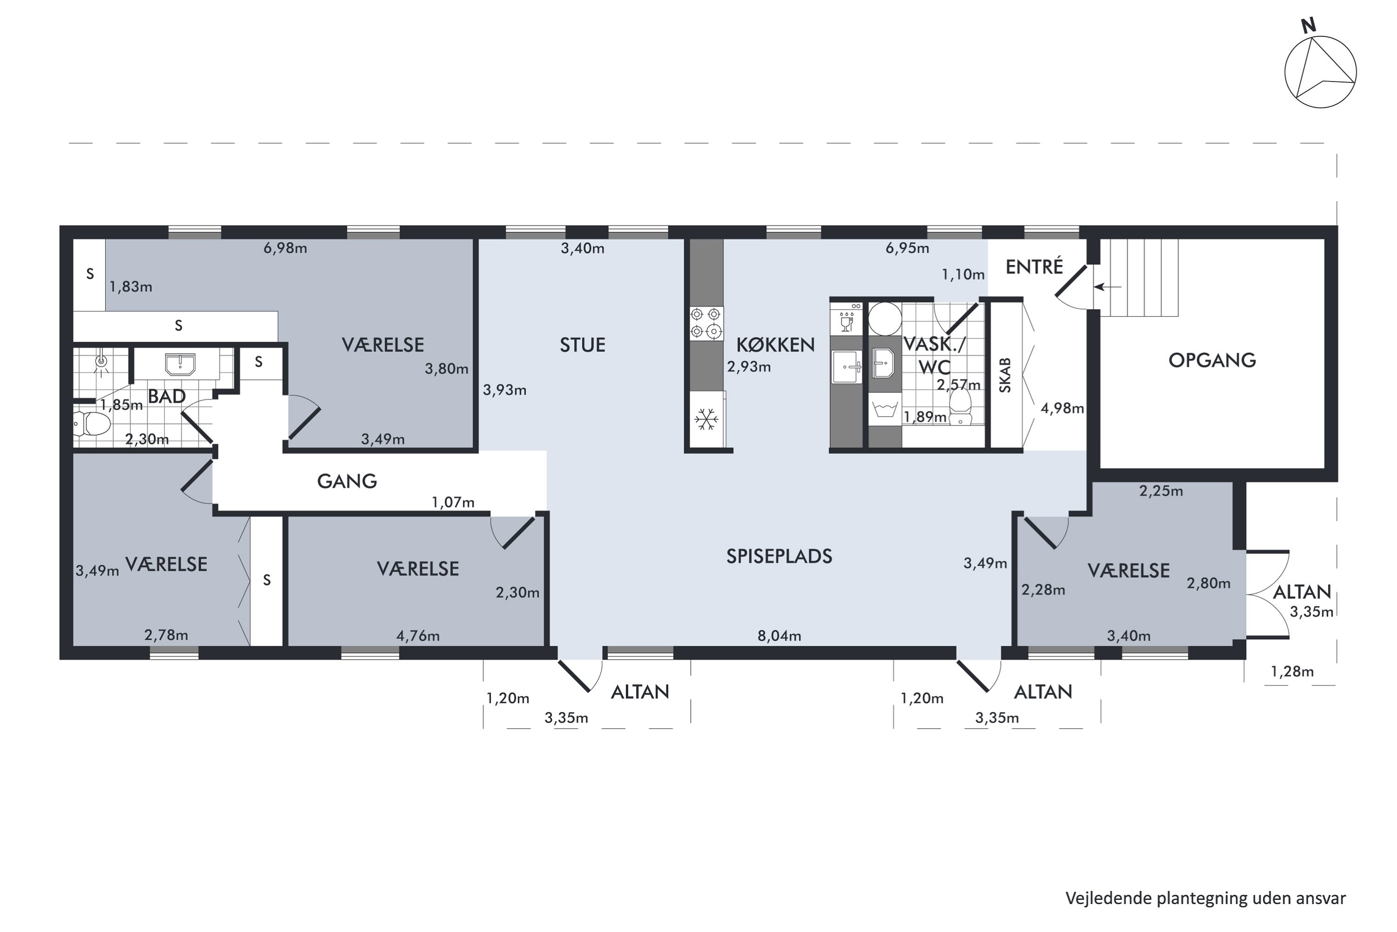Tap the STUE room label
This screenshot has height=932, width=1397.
point(583,345)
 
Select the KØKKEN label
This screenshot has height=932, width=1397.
point(775,345)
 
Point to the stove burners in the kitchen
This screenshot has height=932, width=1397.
point(706,323)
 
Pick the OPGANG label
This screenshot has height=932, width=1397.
point(1212,360)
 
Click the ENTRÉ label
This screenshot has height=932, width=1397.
point(1034,267)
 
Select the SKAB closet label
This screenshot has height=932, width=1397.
point(1005,375)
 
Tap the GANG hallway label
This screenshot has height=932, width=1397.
point(347,481)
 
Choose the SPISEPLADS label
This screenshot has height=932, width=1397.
point(779,556)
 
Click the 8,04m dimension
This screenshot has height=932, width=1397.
point(779,636)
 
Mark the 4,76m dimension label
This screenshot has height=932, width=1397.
point(418,636)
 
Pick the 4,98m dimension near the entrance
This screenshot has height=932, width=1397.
point(1062,408)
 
